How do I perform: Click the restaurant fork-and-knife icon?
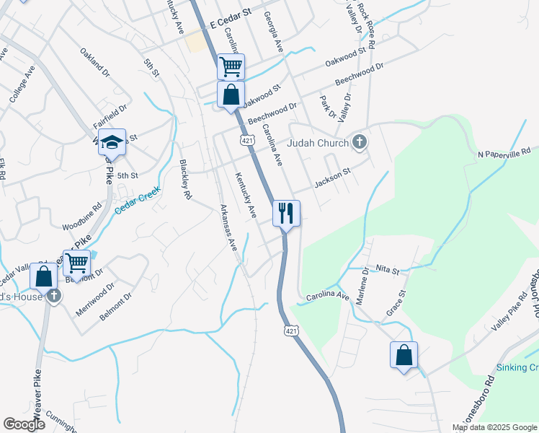[x=286, y=213]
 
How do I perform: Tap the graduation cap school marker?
[x=112, y=142]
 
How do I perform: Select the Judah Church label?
[x=318, y=143]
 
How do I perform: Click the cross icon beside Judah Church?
[x=360, y=142]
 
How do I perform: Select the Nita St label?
[x=386, y=270]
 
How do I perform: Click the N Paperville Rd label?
[x=507, y=153]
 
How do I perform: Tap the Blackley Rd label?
[x=186, y=180]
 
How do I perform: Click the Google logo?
[x=24, y=424]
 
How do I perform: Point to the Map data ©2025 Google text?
[x=495, y=427]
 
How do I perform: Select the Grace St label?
[x=396, y=303]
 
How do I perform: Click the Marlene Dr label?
[x=365, y=281]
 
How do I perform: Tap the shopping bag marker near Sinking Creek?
[x=404, y=355]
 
